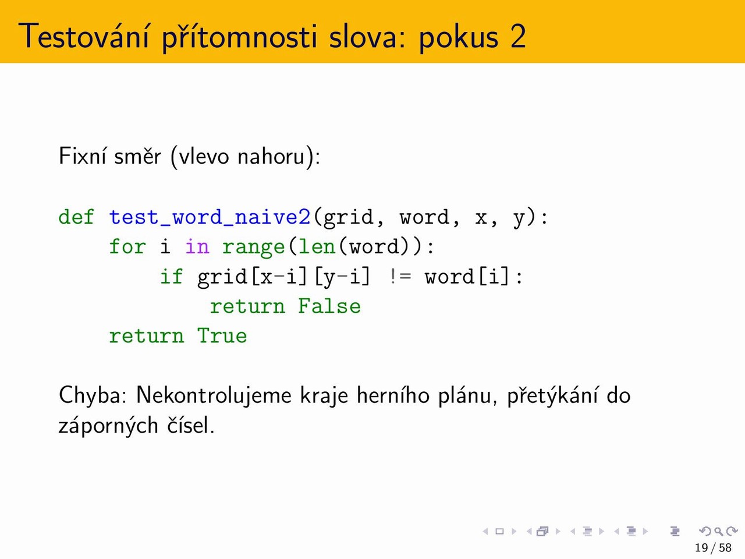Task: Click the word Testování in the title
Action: pos(83,36)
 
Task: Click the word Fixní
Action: pos(82,156)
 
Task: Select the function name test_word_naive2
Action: pos(210,217)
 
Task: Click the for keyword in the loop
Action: pos(127,246)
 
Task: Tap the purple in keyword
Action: pos(197,246)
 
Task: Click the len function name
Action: pos(317,246)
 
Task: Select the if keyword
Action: pos(171,276)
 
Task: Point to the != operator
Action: pos(400,276)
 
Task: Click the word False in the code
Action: pos(329,306)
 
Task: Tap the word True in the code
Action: pos(222,335)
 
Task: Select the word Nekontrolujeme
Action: pos(214,396)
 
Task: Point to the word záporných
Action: pos(108,425)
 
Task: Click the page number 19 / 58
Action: pos(713,548)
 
